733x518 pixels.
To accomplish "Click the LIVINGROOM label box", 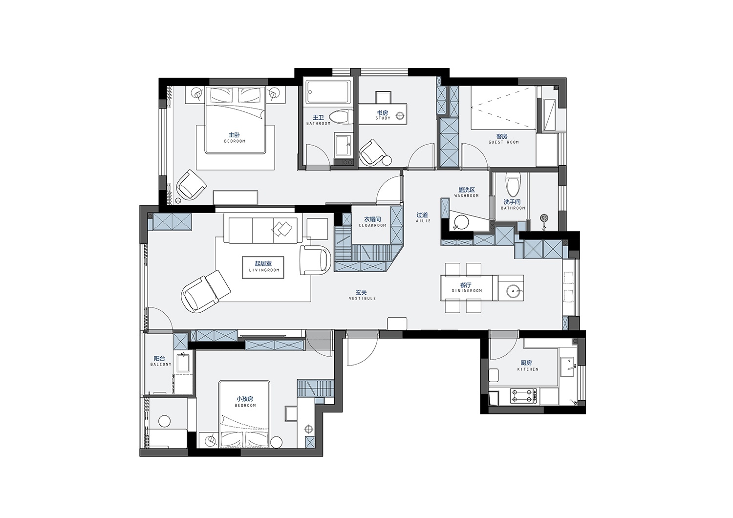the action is [263, 267].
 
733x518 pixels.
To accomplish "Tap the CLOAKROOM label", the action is [372, 225].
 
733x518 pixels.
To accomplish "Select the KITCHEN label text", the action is [528, 369].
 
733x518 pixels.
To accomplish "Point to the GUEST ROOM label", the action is [504, 142].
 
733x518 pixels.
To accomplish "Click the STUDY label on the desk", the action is [383, 118].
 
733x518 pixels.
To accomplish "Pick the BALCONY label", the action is [161, 364].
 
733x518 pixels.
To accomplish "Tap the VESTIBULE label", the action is [362, 299].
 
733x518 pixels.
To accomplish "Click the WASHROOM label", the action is [466, 195].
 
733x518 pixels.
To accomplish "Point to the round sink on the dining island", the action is [513, 290].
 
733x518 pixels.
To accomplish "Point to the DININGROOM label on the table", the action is [467, 291].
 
